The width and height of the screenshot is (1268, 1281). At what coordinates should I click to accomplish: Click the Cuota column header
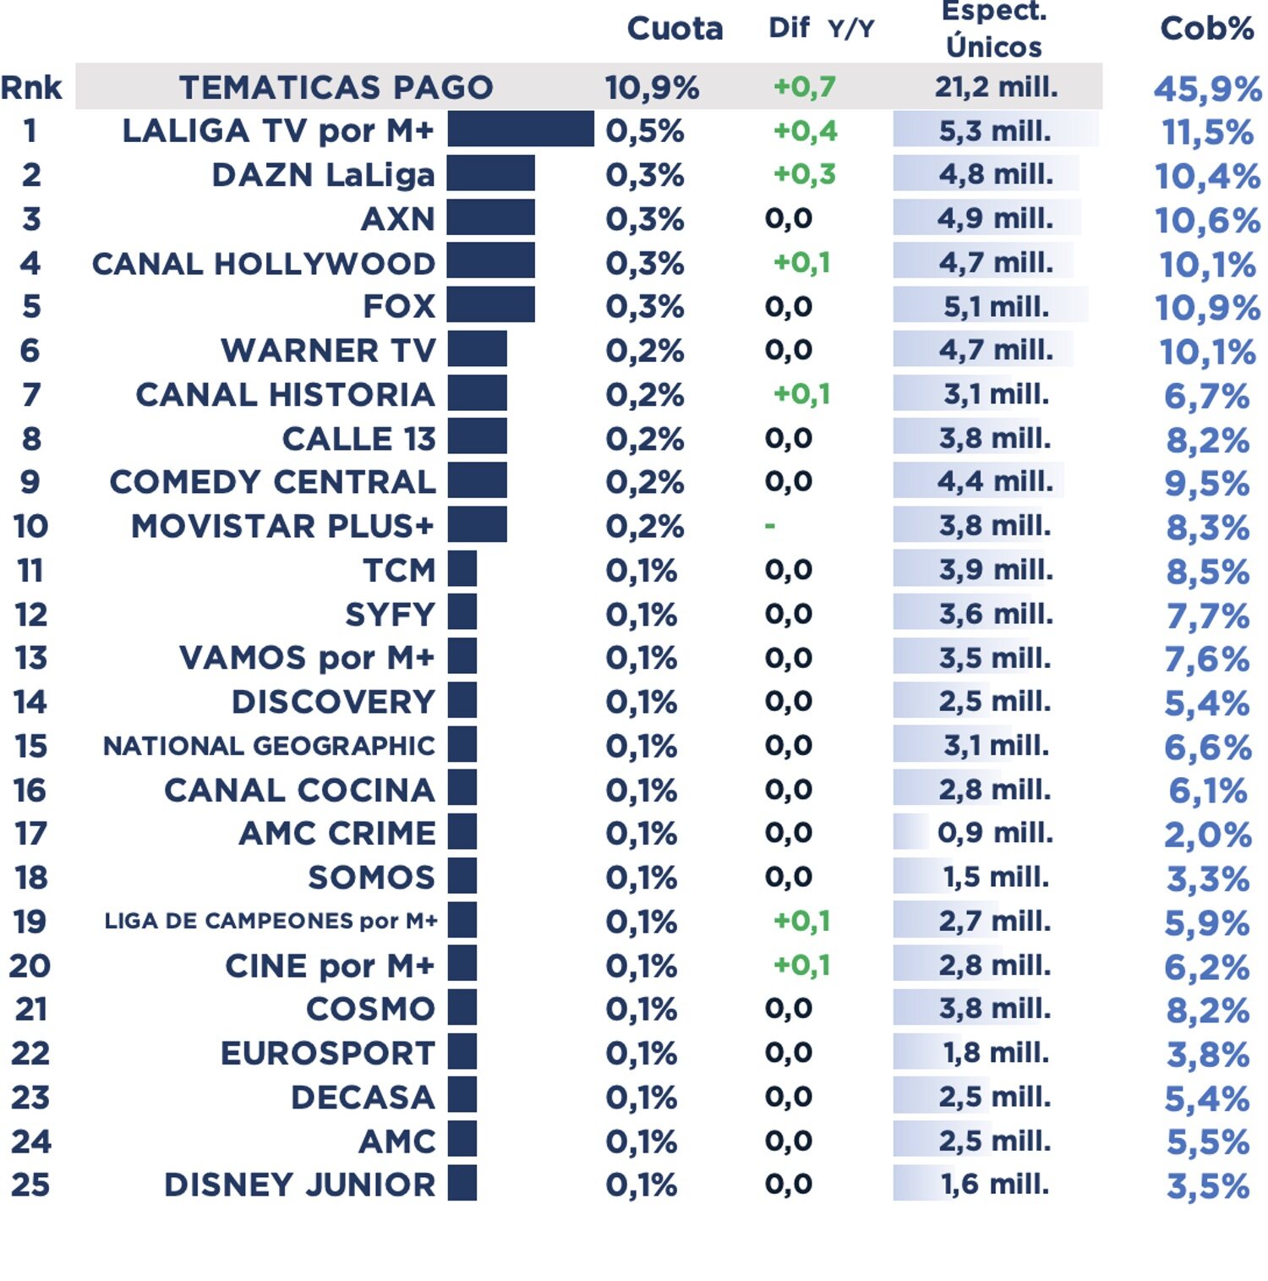tap(675, 29)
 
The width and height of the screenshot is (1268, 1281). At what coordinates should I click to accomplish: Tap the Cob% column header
tap(1206, 29)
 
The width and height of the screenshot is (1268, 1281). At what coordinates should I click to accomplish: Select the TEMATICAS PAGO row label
tap(336, 87)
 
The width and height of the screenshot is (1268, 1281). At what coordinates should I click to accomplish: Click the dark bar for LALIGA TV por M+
tap(521, 129)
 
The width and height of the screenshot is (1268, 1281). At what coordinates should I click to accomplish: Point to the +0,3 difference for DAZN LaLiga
tap(804, 174)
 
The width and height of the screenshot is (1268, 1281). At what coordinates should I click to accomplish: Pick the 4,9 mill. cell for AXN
tap(995, 218)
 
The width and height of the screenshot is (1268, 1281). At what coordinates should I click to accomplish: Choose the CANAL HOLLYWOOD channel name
tap(263, 263)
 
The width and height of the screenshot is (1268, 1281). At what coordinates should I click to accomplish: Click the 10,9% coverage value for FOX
tap(1207, 308)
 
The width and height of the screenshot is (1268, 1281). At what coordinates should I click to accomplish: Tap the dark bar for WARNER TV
tap(478, 349)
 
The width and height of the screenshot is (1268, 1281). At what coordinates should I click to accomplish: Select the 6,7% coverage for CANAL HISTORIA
tap(1206, 396)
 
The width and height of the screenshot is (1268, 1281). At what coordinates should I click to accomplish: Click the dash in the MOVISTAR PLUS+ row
tap(769, 526)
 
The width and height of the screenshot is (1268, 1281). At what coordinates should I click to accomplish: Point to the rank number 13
tap(30, 658)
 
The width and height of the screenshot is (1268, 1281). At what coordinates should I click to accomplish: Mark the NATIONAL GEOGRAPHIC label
tap(269, 746)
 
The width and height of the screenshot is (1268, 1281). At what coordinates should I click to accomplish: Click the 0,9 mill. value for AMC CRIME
tap(995, 833)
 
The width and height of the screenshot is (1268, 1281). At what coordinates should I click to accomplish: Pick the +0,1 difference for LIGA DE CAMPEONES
tap(801, 921)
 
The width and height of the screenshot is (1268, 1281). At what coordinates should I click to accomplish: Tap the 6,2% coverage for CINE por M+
tap(1206, 966)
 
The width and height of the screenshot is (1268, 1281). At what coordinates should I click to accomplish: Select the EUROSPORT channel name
tap(327, 1054)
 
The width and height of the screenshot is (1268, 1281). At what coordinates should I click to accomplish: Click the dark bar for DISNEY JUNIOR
tap(462, 1183)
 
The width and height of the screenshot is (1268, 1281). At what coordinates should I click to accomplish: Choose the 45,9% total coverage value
tap(1207, 89)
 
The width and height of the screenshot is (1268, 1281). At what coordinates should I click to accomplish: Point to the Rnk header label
tap(31, 87)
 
